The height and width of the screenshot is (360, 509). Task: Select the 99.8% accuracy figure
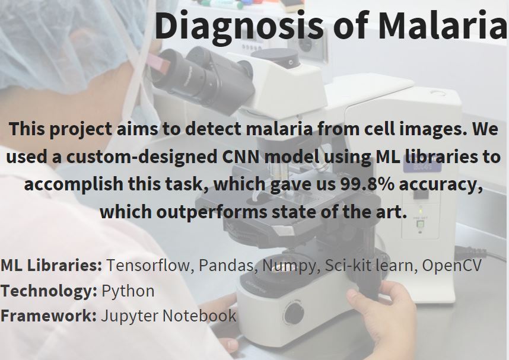tap(367, 184)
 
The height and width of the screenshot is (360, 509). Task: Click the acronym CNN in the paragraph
tap(241, 157)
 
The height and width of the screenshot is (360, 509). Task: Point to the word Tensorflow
tap(150, 265)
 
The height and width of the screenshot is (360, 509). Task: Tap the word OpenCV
tap(451, 265)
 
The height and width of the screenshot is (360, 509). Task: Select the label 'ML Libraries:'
tap(51, 265)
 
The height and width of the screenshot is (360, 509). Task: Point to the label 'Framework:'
tap(49, 316)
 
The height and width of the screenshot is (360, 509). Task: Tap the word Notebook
tap(199, 316)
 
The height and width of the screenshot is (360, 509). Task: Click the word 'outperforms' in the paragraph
tap(211, 212)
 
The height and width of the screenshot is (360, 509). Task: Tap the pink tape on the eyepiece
tap(158, 62)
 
